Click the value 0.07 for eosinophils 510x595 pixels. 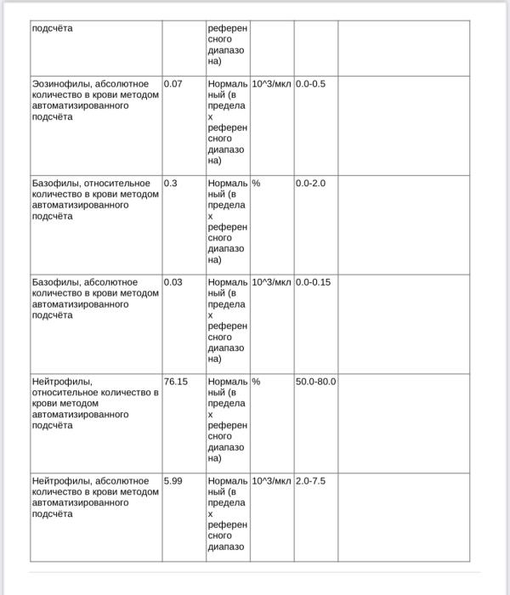(x=173, y=84)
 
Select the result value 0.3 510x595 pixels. (x=171, y=183)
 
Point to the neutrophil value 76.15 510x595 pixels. (x=176, y=382)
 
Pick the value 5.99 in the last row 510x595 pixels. (x=173, y=481)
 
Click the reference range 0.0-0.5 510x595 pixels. (x=310, y=84)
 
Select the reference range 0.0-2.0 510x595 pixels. (x=310, y=183)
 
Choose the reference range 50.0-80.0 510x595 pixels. (x=316, y=382)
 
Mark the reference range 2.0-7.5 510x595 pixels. (x=310, y=481)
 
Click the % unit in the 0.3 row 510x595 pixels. (x=256, y=183)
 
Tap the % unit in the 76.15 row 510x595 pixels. (x=256, y=382)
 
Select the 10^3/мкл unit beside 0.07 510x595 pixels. (x=272, y=84)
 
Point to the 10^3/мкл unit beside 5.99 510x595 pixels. (x=272, y=481)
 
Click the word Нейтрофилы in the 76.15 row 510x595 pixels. (x=61, y=382)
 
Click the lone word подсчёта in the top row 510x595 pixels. (x=52, y=28)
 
